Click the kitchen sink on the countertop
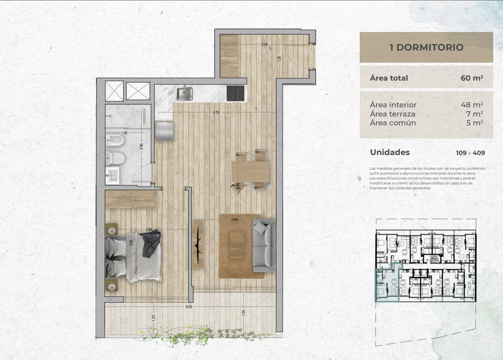(x=184, y=93)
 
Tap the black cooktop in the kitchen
(x=235, y=93)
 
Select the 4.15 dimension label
(x=216, y=112)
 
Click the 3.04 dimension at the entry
(x=264, y=44)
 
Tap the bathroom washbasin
(x=112, y=175)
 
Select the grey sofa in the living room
(x=264, y=246)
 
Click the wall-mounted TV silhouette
(x=198, y=245)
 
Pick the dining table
(x=251, y=172)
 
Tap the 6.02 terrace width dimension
(x=189, y=307)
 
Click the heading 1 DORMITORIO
(x=426, y=47)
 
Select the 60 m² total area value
(x=472, y=78)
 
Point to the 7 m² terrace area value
(x=475, y=114)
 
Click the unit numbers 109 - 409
(x=470, y=153)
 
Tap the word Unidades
(x=390, y=152)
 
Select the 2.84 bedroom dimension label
(x=149, y=229)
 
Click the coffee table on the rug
(x=237, y=245)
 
